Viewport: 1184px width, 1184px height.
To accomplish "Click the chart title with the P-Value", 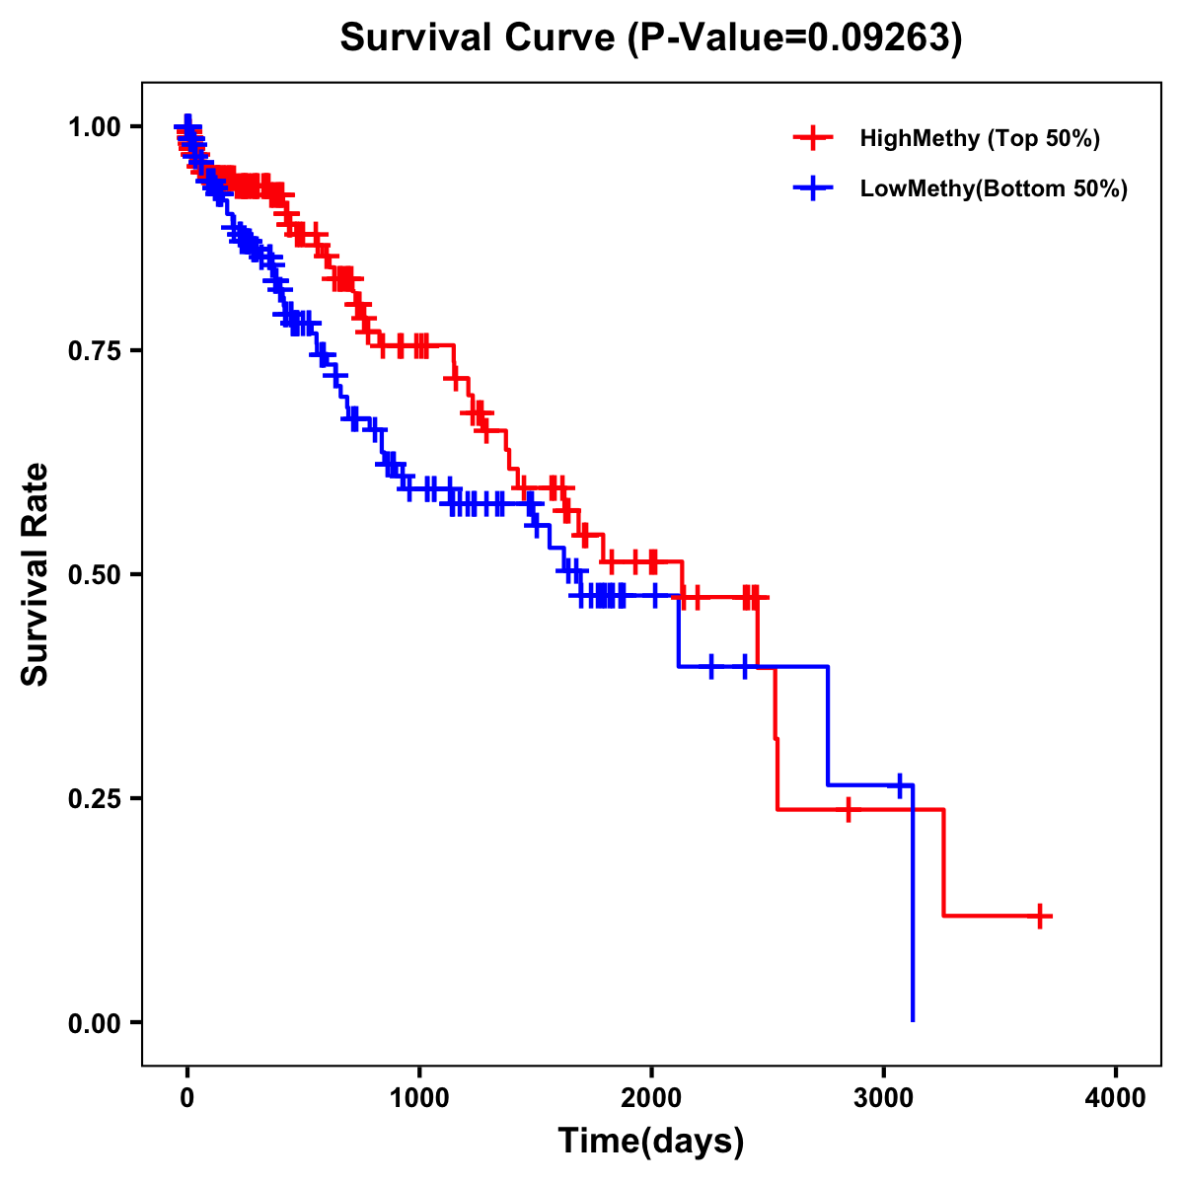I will tap(651, 37).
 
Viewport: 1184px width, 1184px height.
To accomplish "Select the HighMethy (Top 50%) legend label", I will tap(980, 138).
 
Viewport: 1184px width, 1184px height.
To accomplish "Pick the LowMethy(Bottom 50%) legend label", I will tap(994, 188).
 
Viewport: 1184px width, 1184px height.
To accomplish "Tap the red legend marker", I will tap(813, 138).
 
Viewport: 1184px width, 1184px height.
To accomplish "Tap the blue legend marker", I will tap(813, 188).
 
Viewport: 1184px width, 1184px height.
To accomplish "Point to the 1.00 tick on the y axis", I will tap(95, 127).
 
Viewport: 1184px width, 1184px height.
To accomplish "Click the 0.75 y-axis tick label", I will tap(95, 351).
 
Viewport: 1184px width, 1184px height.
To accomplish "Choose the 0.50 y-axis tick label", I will tap(95, 575).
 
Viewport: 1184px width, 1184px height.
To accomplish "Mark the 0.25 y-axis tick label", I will tap(95, 799).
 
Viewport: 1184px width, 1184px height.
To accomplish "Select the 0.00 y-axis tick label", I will tap(95, 1023).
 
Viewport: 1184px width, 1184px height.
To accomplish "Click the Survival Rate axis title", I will tap(36, 574).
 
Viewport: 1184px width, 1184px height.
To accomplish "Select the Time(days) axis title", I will tap(651, 1142).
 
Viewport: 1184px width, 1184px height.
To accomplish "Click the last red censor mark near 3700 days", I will tap(1040, 916).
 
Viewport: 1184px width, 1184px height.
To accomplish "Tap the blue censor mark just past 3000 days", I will tap(899, 785).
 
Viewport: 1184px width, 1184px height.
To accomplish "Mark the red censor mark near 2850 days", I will tap(848, 810).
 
